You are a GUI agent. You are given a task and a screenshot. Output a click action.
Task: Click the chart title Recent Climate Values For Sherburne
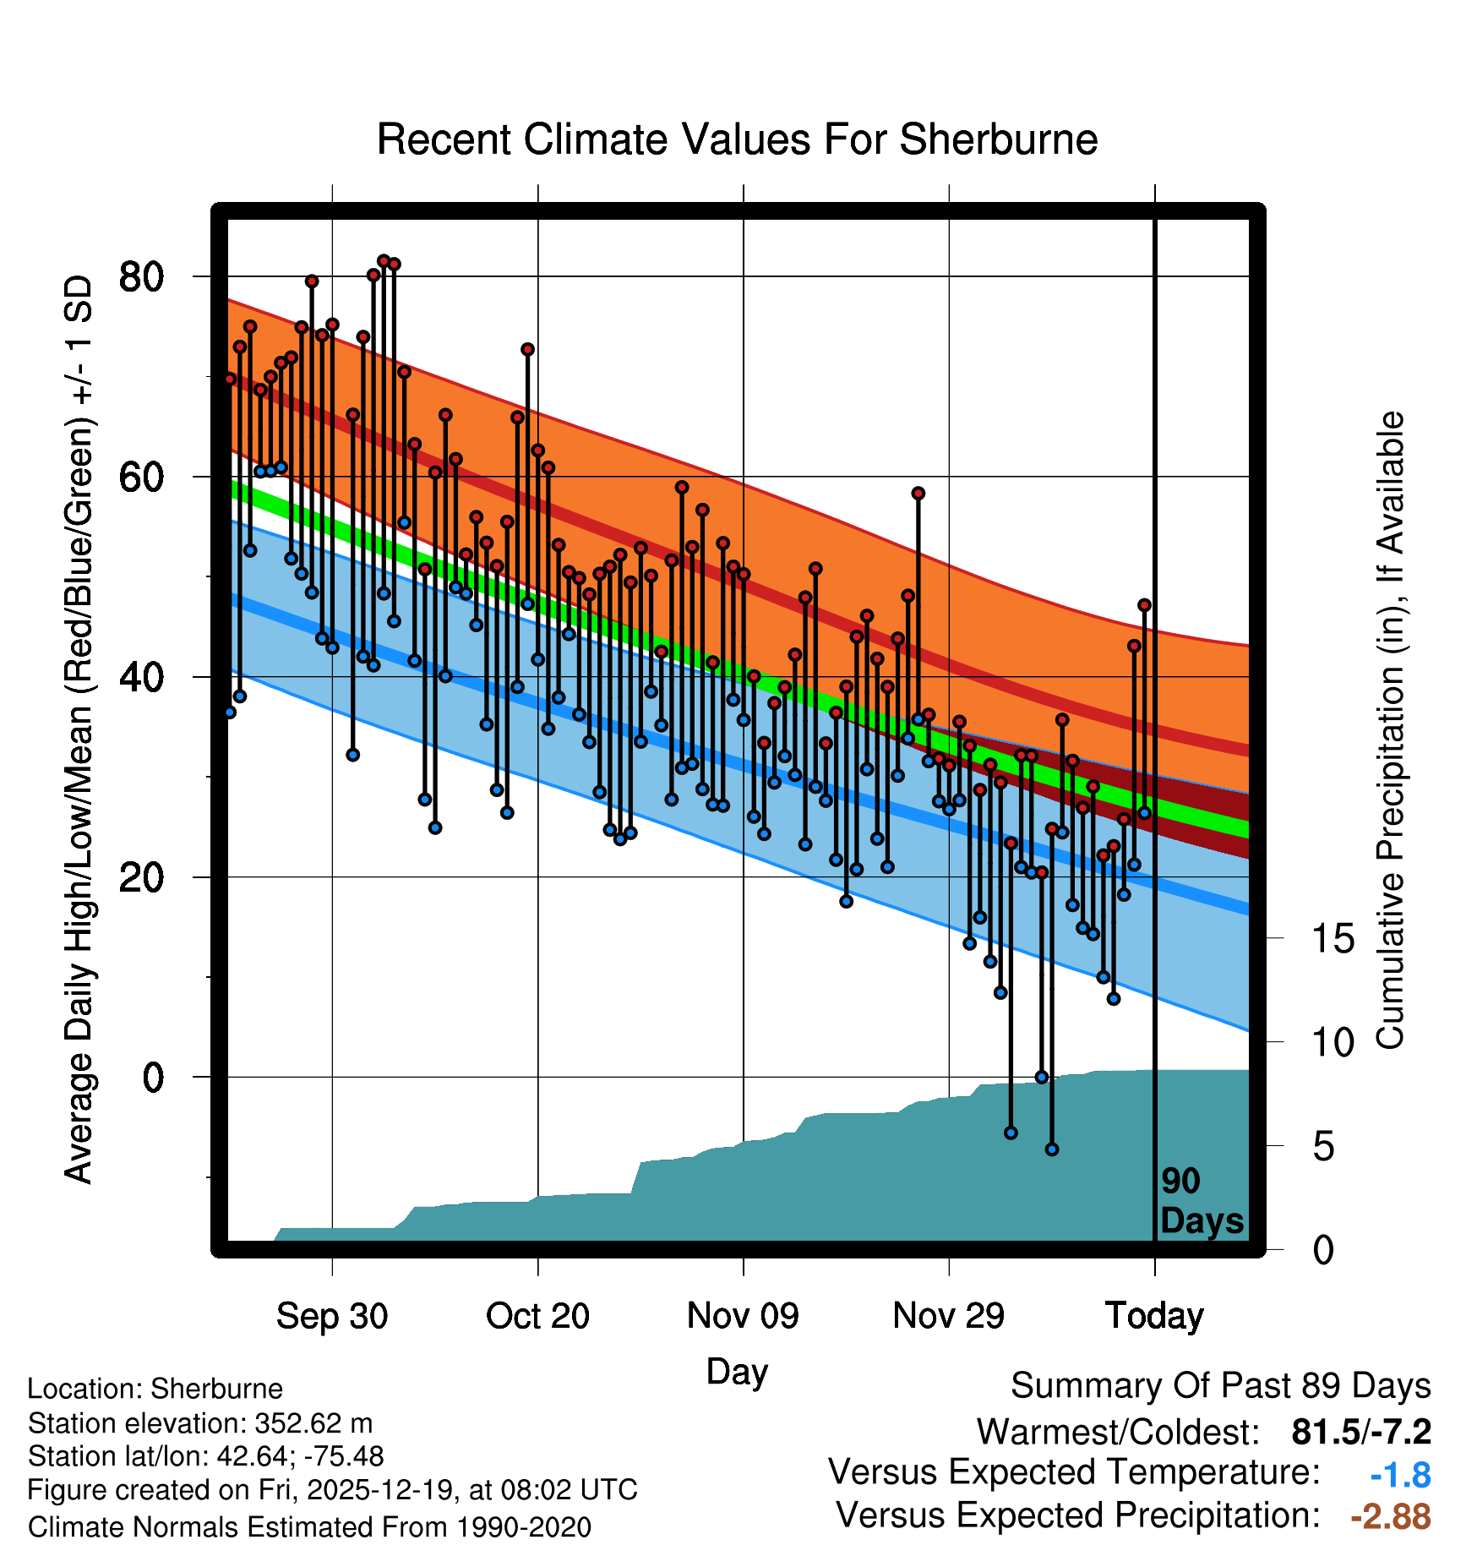coord(737,139)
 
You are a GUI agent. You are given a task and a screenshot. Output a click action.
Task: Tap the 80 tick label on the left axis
coord(141,277)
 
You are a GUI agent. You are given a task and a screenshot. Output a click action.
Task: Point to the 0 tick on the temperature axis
coord(153,1078)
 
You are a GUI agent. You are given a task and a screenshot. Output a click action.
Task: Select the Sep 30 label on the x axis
coord(332,1316)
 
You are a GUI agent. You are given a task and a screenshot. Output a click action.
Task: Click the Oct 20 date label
coord(537,1316)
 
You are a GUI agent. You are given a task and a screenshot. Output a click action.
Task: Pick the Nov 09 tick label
coord(743,1316)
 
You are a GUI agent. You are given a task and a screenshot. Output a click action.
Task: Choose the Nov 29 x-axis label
coord(948,1316)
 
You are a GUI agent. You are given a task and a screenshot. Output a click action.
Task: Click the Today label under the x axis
coord(1154,1316)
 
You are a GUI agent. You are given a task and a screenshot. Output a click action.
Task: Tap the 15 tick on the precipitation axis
coord(1333,939)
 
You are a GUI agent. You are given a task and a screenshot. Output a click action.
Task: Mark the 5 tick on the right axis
coord(1323,1147)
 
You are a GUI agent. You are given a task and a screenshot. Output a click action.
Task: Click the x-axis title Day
coord(737,1371)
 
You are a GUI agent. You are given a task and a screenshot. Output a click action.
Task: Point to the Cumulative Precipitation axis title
coord(1390,731)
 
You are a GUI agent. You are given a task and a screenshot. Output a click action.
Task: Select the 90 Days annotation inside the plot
coord(1202,1201)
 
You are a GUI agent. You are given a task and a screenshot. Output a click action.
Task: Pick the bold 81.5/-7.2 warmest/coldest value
coord(1361,1432)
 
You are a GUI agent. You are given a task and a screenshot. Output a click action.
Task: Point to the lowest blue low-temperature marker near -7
coord(1051,1149)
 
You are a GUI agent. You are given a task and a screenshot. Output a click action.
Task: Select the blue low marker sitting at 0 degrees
coord(1041,1077)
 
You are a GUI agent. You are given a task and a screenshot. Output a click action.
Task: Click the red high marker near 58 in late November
coord(918,494)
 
